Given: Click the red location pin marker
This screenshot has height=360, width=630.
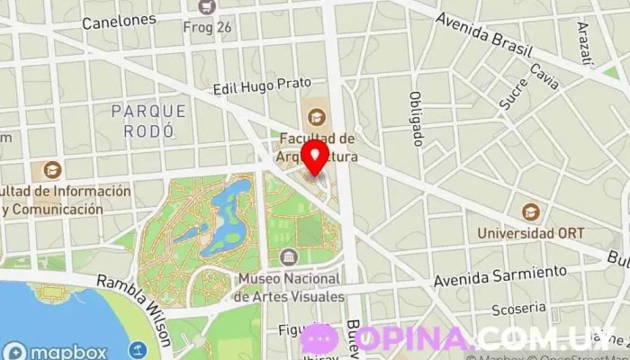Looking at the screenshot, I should click(x=314, y=156).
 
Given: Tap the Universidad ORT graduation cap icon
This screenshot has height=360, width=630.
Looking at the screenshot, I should click(x=531, y=212).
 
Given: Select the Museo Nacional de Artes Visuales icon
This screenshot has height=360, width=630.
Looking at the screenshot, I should click(x=288, y=256).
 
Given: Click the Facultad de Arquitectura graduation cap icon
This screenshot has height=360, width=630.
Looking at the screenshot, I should click(x=316, y=116).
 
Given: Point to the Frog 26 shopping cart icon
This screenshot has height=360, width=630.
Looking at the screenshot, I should click(x=209, y=6).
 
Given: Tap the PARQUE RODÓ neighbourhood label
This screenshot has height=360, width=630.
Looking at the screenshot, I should click(x=149, y=121).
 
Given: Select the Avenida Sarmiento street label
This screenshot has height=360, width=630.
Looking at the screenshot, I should click(x=500, y=276).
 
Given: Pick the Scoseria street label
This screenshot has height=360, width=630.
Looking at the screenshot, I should click(x=518, y=309).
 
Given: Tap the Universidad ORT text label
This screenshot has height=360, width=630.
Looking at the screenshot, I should click(x=531, y=233).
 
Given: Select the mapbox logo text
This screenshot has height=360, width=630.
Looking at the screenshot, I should click(x=64, y=351).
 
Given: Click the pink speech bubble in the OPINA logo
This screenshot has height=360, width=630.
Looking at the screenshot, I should click(x=319, y=338).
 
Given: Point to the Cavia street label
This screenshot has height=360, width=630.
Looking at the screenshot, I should click(x=544, y=76).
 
